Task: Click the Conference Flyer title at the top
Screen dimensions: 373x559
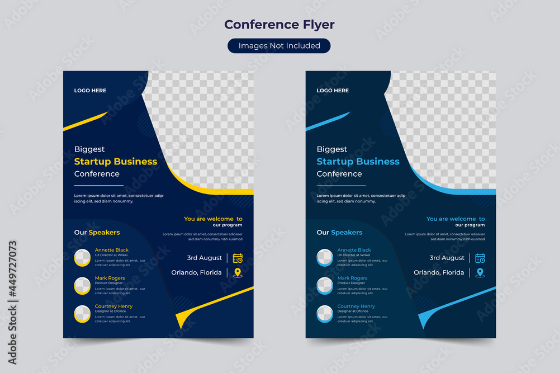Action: pos(279,25)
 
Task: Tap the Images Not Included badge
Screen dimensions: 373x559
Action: pos(279,46)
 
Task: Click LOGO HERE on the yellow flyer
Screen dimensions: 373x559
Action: pos(90,91)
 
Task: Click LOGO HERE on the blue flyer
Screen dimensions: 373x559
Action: pos(333,91)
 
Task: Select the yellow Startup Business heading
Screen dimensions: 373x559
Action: pos(116,162)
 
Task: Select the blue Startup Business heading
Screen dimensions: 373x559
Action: pos(358,162)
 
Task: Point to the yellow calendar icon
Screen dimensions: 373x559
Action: pos(238,258)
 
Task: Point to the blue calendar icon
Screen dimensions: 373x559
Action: pos(480,258)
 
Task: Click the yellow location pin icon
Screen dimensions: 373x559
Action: pos(238,273)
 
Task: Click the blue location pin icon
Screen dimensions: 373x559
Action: pos(480,273)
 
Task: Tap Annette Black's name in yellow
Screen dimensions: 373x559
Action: pos(112,250)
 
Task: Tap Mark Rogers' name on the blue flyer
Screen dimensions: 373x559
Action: pos(352,278)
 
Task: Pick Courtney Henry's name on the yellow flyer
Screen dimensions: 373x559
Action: pos(113,306)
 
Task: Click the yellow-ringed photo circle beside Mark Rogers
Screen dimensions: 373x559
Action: pos(82,286)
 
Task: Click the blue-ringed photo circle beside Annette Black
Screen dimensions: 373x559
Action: pos(325,258)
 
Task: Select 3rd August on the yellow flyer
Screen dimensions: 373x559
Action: pos(205,258)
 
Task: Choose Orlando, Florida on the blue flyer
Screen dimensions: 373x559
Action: pos(439,273)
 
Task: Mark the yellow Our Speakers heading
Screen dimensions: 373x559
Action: pos(97,232)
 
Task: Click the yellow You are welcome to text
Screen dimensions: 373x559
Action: pos(213,219)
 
